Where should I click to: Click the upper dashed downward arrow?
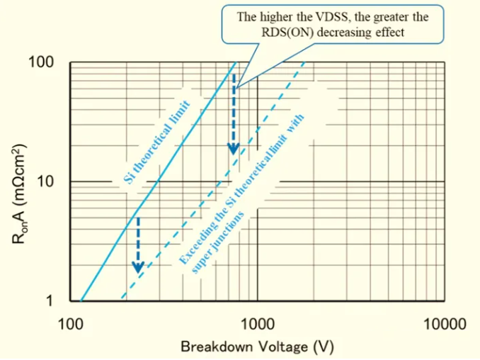click(x=233, y=117)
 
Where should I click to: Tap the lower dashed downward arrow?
click(x=139, y=244)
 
